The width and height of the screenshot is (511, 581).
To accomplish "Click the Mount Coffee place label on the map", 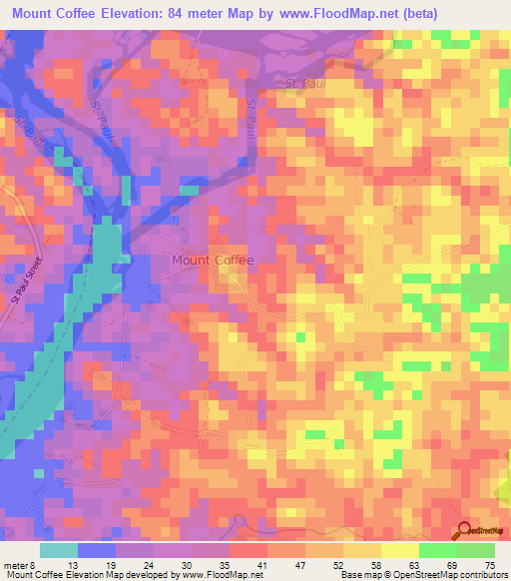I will click(x=213, y=261).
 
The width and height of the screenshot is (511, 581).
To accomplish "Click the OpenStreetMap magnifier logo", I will click(x=464, y=530).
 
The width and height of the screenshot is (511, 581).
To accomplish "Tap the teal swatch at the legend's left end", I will click(x=59, y=550).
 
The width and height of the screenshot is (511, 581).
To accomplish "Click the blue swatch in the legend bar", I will click(x=97, y=550).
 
